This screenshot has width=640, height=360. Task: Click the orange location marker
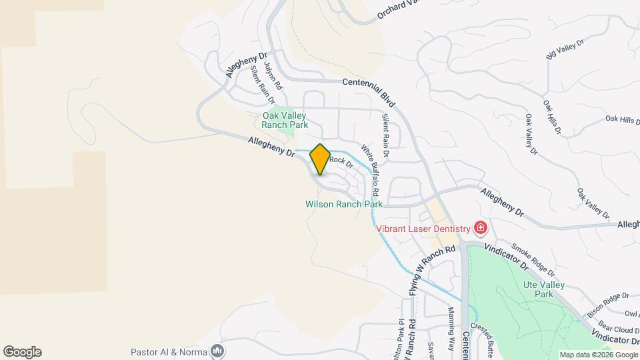pos(320,159)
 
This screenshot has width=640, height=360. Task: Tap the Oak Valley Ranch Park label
pos(285,120)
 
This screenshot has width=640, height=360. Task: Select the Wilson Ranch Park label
pos(343,204)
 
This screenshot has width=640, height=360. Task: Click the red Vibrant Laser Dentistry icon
pos(481,229)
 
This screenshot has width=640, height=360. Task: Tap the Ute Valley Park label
pos(543,289)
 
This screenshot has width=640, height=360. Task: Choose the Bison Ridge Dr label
pos(608,304)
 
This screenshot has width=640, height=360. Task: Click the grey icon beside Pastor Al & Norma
pos(217,351)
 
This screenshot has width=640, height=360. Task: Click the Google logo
pos(22,352)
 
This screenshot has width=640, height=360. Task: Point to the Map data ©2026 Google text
pos(598,355)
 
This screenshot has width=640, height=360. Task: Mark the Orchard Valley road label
pos(401,8)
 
